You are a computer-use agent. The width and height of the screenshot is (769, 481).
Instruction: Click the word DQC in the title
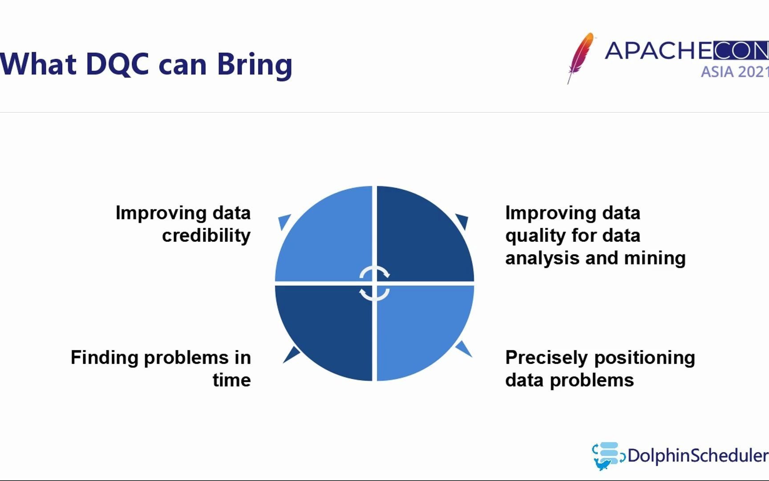point(117,64)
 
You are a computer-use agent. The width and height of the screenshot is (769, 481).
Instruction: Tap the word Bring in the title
point(255,65)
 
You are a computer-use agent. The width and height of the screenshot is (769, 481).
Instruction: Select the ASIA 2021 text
point(735,72)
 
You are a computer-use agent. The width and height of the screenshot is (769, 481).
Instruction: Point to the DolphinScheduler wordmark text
point(698,456)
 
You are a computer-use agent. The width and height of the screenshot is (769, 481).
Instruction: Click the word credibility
point(206,236)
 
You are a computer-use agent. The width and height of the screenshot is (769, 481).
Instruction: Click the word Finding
point(105,358)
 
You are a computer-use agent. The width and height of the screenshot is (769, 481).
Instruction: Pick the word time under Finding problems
point(231,380)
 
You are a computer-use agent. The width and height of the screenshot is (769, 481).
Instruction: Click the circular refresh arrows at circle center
point(374,284)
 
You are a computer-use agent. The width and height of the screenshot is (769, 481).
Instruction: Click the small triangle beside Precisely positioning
point(464,349)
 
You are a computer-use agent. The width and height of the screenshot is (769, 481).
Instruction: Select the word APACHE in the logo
point(659,50)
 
